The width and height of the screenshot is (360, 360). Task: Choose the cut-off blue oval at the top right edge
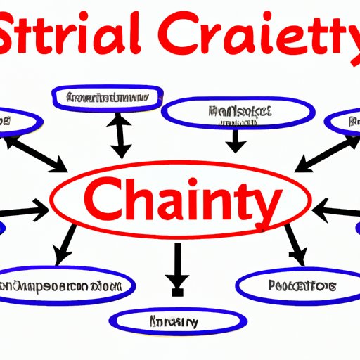point(347,122)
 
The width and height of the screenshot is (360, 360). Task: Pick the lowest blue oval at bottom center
point(174,322)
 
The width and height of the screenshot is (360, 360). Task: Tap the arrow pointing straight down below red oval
point(177,266)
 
